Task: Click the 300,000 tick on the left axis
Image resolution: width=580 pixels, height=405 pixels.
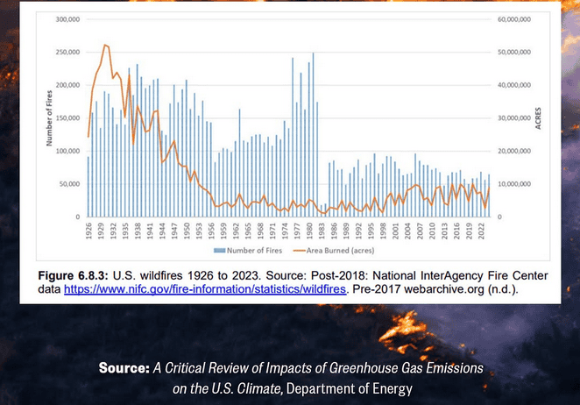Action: coord(66,19)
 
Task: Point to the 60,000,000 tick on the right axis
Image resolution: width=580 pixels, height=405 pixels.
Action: coord(514,19)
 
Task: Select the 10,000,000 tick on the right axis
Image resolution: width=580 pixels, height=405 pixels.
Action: coord(514,184)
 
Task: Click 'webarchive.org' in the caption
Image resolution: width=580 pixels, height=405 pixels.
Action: coord(466,288)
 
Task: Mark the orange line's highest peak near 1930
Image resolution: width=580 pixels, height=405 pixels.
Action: coord(105,45)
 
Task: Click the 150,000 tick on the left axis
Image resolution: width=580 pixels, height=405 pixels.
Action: coord(66,118)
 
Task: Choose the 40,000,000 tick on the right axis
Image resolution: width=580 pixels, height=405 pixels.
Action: coord(514,85)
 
